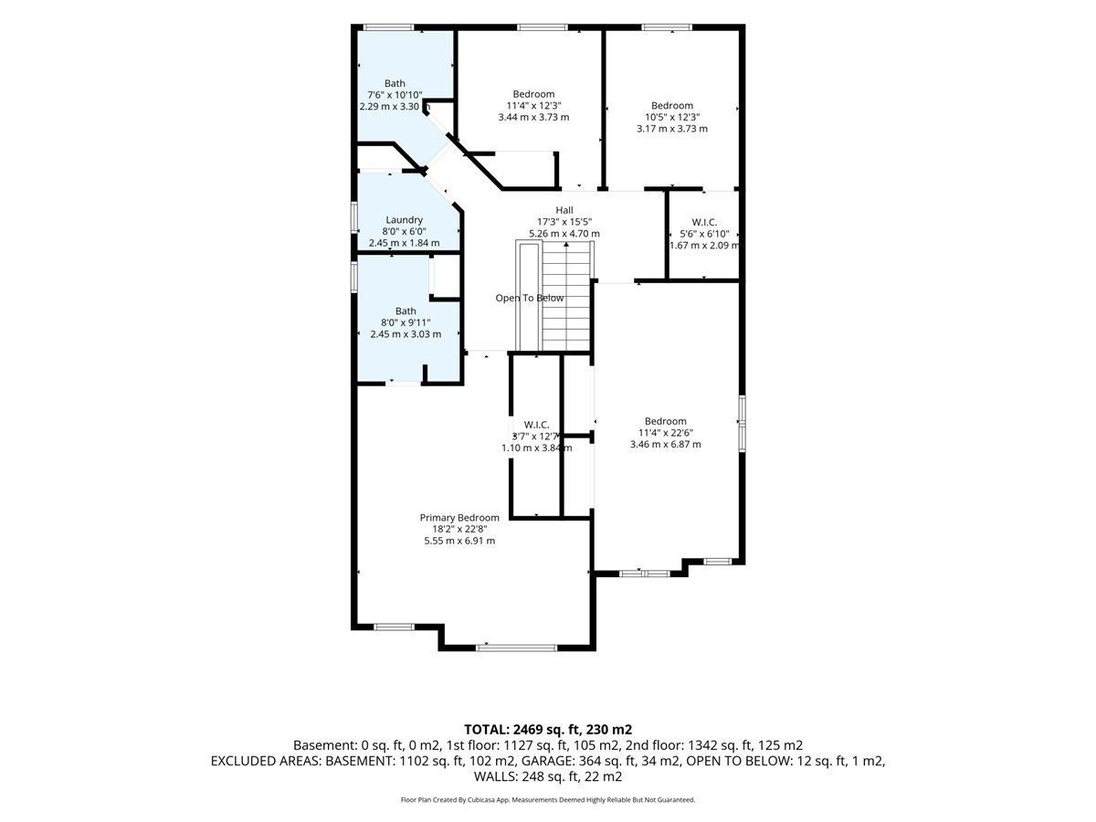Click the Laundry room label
pyautogui.click(x=404, y=219)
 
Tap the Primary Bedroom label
pyautogui.click(x=459, y=518)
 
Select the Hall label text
pyautogui.click(x=564, y=210)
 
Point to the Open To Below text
pyautogui.click(x=529, y=298)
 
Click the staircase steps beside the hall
pyautogui.click(x=566, y=296)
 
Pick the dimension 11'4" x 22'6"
pyautogui.click(x=666, y=433)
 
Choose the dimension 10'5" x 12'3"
pyautogui.click(x=672, y=117)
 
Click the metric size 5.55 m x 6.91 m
pyautogui.click(x=459, y=541)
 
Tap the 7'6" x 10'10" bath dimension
pyautogui.click(x=395, y=95)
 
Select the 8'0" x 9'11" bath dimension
pyautogui.click(x=406, y=322)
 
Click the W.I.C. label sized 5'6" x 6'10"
pyautogui.click(x=704, y=223)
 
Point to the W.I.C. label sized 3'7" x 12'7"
pyautogui.click(x=537, y=425)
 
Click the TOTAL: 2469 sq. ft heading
pyautogui.click(x=548, y=730)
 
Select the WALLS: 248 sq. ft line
pyautogui.click(x=548, y=776)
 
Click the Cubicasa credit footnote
pyautogui.click(x=548, y=800)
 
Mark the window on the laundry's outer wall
pyautogui.click(x=354, y=216)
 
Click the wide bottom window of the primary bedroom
pyautogui.click(x=516, y=648)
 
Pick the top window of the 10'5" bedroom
pyautogui.click(x=667, y=27)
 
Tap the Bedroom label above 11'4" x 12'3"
pyautogui.click(x=533, y=94)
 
